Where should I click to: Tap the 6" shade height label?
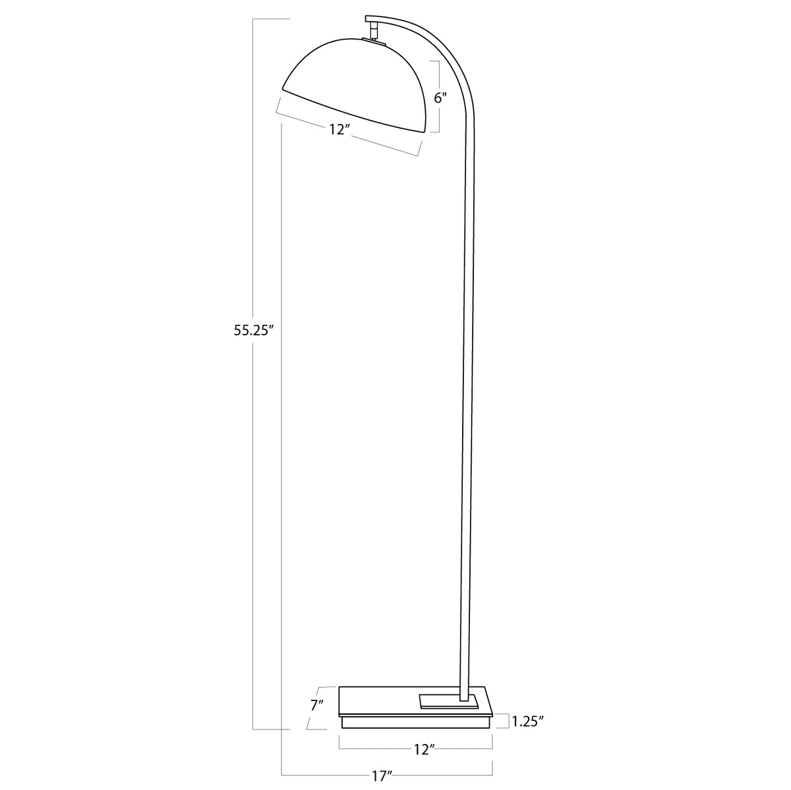click(440, 98)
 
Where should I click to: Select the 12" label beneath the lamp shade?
click(338, 130)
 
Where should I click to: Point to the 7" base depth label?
click(316, 704)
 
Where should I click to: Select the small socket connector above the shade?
click(374, 30)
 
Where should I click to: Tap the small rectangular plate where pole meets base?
click(448, 699)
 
